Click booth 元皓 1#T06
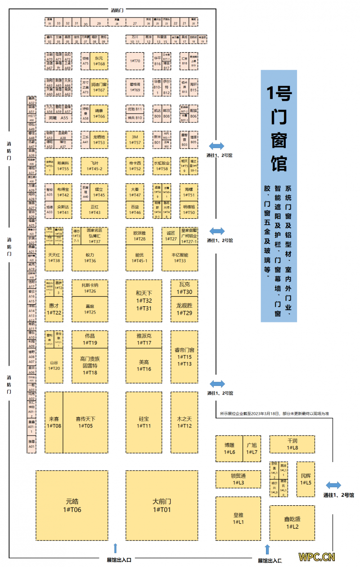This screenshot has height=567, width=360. (72, 505)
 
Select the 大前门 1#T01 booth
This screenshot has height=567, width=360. (162, 505)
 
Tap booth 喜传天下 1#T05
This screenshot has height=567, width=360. (85, 422)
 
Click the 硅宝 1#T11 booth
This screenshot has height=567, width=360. (144, 422)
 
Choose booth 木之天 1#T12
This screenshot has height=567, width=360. (184, 422)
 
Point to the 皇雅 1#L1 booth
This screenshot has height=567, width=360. (238, 518)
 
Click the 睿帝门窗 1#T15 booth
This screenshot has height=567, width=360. (184, 356)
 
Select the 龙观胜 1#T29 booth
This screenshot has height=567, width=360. (184, 309)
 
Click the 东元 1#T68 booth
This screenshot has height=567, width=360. (99, 61)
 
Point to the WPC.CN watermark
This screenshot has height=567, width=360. (316, 557)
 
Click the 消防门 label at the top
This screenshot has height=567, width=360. (118, 9)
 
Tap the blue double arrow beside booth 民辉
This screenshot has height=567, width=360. (333, 485)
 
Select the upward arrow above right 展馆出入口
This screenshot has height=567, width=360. (268, 549)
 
